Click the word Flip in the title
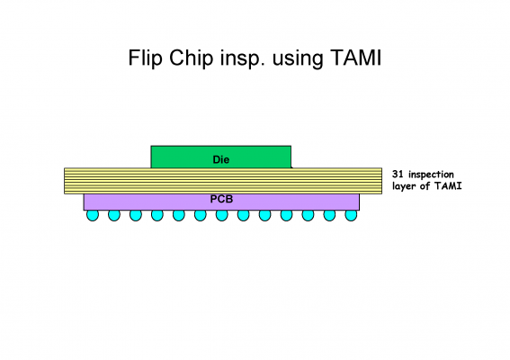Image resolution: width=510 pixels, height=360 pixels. point(146,58)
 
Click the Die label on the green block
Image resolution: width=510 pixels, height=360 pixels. point(221,159)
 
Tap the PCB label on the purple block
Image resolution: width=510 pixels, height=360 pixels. point(221,199)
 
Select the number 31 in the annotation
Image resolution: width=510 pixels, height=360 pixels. point(398,174)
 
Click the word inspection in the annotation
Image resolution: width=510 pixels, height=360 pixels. point(431,175)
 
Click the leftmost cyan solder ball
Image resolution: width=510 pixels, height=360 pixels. point(93,215)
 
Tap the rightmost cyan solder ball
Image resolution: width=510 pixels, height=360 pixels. point(351,215)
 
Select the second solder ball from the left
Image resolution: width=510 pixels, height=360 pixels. point(114,215)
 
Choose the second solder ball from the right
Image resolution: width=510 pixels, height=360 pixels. point(329,215)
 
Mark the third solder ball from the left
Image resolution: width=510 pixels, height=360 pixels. point(136,215)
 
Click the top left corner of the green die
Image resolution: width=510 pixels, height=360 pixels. point(151,146)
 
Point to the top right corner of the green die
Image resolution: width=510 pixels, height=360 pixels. point(291,146)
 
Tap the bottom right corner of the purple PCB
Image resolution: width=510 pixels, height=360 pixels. point(359,210)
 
